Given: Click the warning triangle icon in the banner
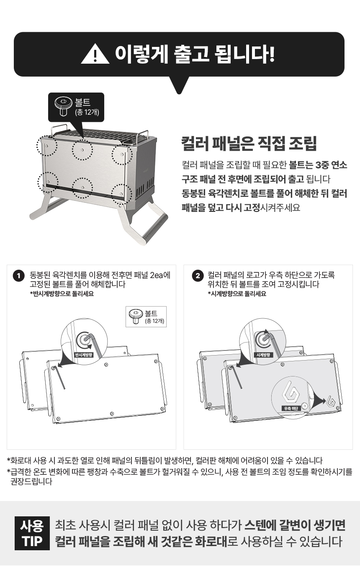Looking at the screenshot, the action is pyautogui.click(x=95, y=54).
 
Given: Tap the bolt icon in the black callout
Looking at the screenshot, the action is pyautogui.click(x=63, y=106).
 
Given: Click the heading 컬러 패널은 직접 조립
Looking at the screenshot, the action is pyautogui.click(x=249, y=143).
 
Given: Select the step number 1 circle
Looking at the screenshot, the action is pyautogui.click(x=18, y=276).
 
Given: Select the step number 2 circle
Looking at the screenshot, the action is pyautogui.click(x=198, y=276).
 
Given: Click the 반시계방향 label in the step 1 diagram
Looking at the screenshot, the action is pyautogui.click(x=84, y=355).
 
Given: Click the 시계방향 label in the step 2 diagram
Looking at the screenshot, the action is pyautogui.click(x=263, y=355).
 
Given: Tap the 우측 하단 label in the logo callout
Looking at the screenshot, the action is pyautogui.click(x=291, y=408).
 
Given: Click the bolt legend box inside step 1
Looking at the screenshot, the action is pyautogui.click(x=146, y=317).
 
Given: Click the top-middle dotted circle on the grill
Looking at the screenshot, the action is pyautogui.click(x=82, y=150).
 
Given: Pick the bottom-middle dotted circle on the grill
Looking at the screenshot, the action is pyautogui.click(x=82, y=188).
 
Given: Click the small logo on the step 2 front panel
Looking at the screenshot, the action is pyautogui.click(x=332, y=401).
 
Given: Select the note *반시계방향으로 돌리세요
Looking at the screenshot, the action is pyautogui.click(x=62, y=294).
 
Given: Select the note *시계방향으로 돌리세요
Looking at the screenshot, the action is pyautogui.click(x=237, y=294).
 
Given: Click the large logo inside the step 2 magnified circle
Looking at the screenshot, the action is pyautogui.click(x=291, y=392).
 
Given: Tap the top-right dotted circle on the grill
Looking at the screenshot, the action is pyautogui.click(x=122, y=155).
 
